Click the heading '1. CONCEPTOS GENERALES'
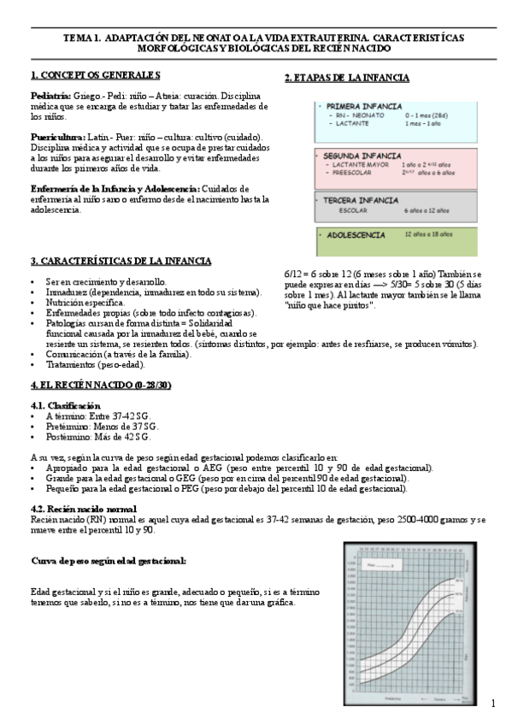point(95,75)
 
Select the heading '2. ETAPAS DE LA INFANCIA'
point(346,79)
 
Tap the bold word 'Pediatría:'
point(50,96)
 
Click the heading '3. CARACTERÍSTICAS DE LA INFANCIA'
point(121,261)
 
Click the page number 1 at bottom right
point(493,703)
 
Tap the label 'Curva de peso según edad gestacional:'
point(109,561)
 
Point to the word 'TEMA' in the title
point(79,38)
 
